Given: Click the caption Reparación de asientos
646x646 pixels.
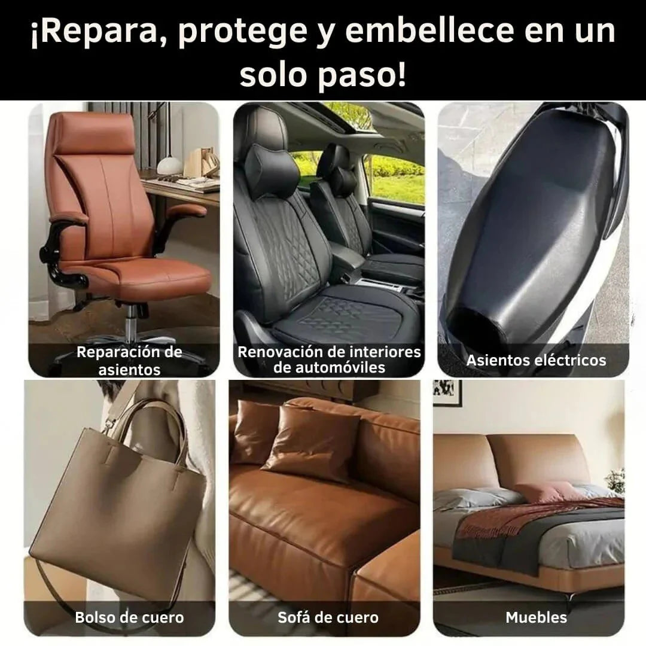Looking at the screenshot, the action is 129,361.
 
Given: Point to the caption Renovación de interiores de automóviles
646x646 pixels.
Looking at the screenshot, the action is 329,359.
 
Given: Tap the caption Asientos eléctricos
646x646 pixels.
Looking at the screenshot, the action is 536,360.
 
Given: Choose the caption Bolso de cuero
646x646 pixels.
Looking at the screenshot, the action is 129,617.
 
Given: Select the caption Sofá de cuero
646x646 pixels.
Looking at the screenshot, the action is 328,617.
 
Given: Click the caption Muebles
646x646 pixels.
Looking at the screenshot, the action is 536,617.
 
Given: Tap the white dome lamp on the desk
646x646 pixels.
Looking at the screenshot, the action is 169,164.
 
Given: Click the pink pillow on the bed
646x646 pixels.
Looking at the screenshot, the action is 543,492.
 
